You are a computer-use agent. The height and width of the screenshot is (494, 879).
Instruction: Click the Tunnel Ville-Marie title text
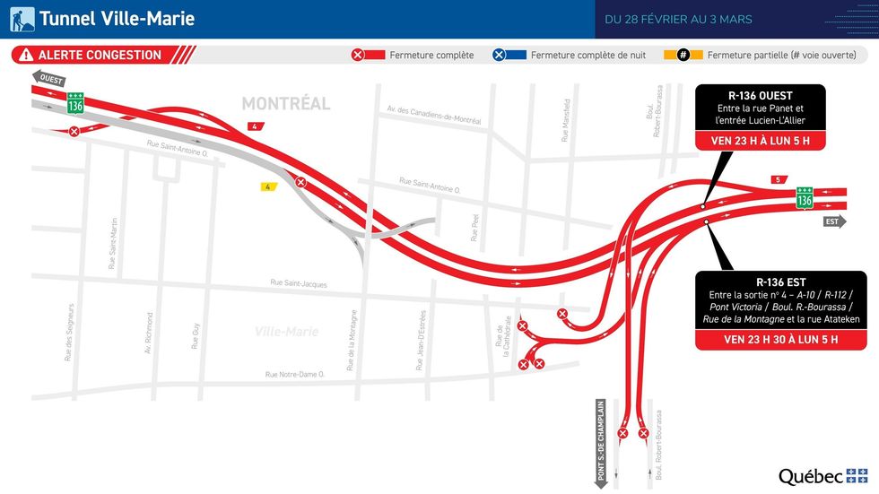(x=117, y=19)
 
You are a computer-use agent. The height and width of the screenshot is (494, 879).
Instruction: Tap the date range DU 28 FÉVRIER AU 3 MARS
(x=678, y=20)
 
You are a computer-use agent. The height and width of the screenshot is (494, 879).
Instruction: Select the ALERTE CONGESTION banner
(x=100, y=55)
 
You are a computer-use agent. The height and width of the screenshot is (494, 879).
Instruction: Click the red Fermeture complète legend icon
(x=357, y=56)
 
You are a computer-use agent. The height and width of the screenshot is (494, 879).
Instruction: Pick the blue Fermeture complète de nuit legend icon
(x=499, y=56)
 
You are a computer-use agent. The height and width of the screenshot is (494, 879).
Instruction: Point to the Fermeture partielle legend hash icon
(x=683, y=56)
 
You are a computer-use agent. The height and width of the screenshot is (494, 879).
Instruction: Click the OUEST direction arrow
(x=49, y=79)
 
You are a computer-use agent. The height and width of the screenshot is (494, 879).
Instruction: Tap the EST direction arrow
(x=833, y=221)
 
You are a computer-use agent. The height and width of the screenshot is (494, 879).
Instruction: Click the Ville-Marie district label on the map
(x=287, y=332)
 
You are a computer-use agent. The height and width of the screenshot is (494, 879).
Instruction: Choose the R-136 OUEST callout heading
(x=760, y=96)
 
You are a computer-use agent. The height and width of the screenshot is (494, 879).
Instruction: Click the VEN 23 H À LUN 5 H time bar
(x=760, y=141)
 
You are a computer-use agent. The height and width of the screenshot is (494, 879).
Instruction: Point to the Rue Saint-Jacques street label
(x=299, y=284)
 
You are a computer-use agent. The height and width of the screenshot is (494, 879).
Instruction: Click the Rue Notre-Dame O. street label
(x=295, y=376)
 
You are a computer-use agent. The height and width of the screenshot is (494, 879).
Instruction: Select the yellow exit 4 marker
(x=266, y=186)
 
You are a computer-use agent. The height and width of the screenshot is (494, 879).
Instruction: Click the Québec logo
(x=822, y=476)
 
